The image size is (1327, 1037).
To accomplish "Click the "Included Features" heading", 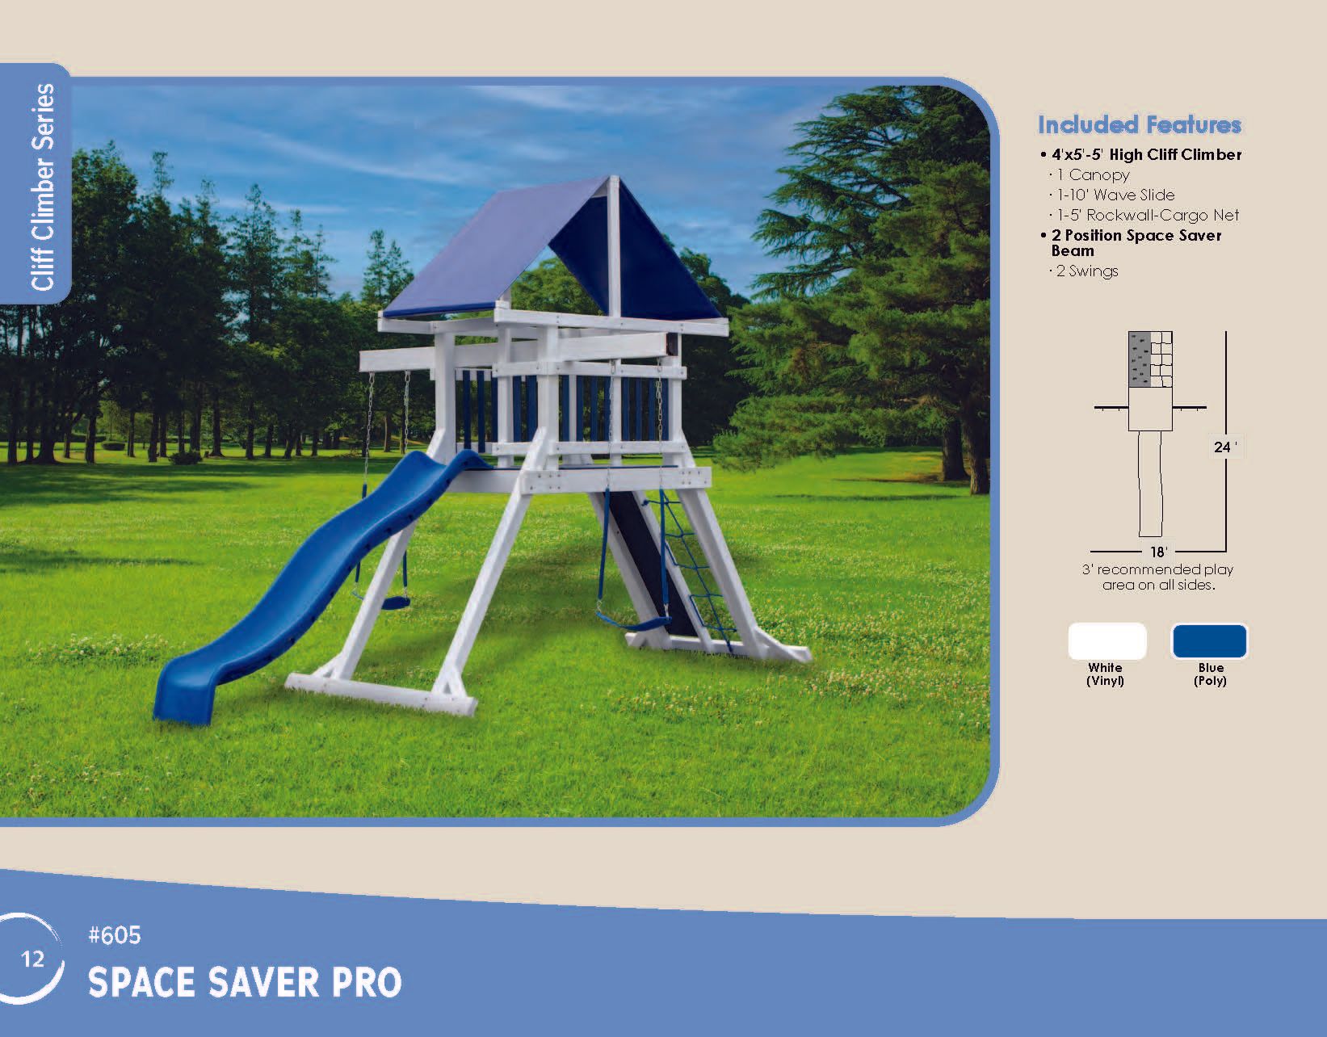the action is click(1140, 125).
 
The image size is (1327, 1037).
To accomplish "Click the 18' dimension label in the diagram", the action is click(1158, 552).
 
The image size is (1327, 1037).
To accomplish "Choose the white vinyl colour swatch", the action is click(1107, 641).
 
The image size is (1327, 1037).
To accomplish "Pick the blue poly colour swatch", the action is click(1209, 641).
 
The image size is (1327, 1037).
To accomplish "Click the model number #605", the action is click(114, 935).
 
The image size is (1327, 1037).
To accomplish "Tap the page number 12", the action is click(32, 959).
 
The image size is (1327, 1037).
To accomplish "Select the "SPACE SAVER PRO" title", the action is click(245, 982).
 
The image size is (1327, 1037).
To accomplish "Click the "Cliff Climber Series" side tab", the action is click(42, 187).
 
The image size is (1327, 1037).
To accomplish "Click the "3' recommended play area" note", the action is click(1158, 577).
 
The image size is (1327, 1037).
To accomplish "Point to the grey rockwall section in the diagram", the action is click(1140, 359).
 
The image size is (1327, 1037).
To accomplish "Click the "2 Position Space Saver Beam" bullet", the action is click(1136, 243).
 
